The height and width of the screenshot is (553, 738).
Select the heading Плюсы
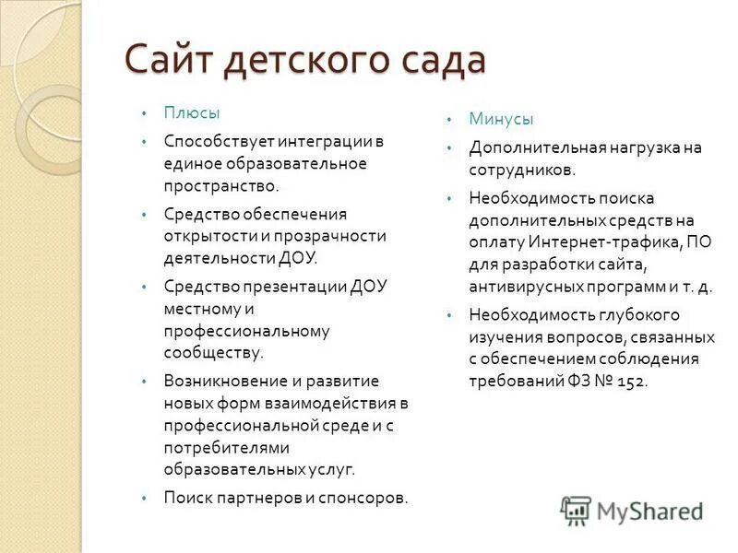(192, 112)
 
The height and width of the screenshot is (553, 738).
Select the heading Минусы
(501, 119)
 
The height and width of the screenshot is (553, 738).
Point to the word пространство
(218, 185)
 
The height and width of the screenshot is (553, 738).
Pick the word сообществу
(212, 351)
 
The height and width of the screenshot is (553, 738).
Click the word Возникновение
(220, 381)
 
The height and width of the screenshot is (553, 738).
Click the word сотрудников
(521, 170)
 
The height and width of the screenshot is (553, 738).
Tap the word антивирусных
(524, 287)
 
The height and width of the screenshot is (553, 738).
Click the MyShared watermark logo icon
(576, 509)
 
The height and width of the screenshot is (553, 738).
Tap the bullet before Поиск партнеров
(144, 498)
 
